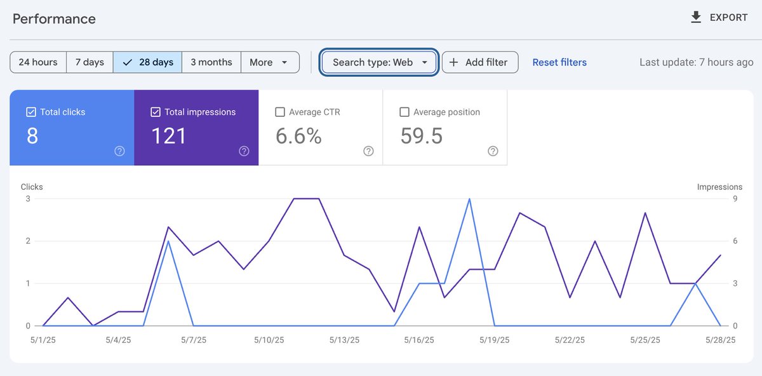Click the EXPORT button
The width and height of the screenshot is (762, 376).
(719, 18)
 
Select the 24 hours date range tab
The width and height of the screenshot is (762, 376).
(38, 62)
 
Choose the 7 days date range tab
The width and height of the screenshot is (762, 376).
(90, 62)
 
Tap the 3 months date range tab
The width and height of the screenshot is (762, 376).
(211, 62)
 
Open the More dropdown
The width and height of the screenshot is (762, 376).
(270, 62)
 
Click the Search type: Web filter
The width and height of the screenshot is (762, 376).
(379, 62)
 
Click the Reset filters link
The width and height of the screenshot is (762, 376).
(559, 62)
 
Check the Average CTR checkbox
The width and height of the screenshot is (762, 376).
(280, 112)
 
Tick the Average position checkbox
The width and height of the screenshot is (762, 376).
(404, 112)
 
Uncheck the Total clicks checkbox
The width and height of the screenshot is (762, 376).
(31, 112)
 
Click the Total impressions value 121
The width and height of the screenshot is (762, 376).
(168, 136)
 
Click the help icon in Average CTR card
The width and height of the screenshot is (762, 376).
(368, 151)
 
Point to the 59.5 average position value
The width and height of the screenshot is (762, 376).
(421, 136)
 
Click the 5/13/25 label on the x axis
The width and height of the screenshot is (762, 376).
(344, 340)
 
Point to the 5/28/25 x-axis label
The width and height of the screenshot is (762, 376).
(720, 340)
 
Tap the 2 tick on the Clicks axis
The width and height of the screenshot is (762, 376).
(28, 241)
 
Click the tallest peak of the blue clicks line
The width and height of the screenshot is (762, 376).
(469, 199)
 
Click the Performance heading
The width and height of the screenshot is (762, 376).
(54, 18)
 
